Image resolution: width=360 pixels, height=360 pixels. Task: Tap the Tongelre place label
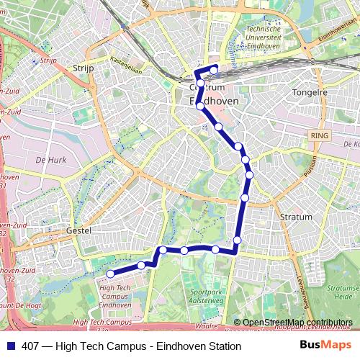coord(310,92)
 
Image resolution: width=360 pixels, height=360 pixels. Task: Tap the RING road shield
coord(318,135)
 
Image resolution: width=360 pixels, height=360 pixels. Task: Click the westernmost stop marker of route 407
coord(110,274)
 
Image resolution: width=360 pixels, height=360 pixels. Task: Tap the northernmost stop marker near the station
coord(214,70)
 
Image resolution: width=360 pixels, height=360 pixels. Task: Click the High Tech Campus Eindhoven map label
coord(114,296)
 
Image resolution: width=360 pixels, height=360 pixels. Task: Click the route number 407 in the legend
coord(31,346)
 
